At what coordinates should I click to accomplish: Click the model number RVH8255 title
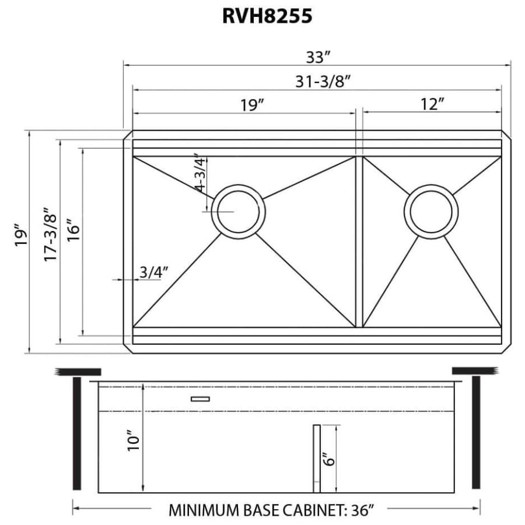click(267, 16)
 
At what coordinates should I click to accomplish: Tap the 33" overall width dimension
click(318, 57)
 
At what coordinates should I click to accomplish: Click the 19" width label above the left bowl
click(252, 105)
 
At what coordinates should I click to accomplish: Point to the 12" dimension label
click(432, 105)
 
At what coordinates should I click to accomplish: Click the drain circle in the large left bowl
click(238, 211)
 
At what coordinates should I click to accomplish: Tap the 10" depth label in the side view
click(134, 441)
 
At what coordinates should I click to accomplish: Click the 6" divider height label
click(330, 459)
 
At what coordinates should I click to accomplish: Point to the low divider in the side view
click(316, 458)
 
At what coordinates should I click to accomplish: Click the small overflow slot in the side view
click(200, 399)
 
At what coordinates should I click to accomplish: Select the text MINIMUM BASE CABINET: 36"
click(271, 510)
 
